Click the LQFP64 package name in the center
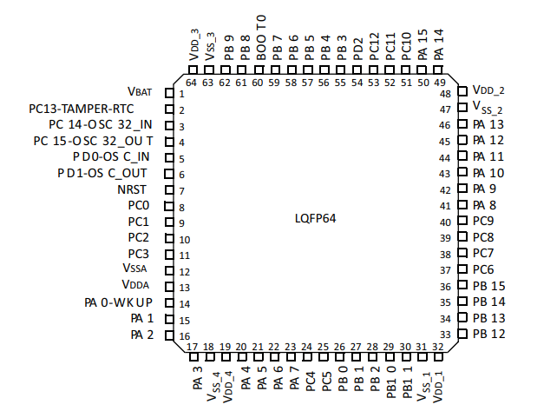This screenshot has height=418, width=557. pyautogui.click(x=315, y=218)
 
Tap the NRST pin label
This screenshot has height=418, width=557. pyautogui.click(x=133, y=189)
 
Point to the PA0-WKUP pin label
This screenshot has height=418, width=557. pyautogui.click(x=118, y=302)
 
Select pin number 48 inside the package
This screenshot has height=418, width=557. pyautogui.click(x=445, y=94)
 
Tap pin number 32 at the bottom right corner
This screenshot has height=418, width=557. pyautogui.click(x=438, y=347)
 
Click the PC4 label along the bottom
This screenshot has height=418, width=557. pyautogui.click(x=310, y=380)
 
